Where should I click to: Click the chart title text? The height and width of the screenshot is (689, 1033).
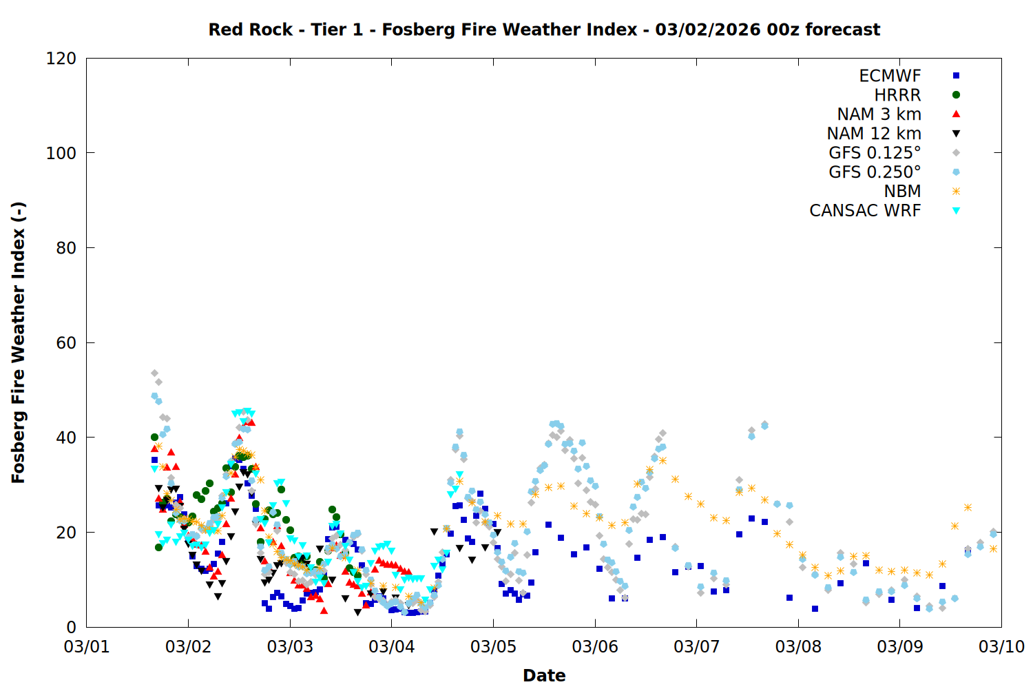[544, 30]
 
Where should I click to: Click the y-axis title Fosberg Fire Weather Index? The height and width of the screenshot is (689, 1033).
[19, 342]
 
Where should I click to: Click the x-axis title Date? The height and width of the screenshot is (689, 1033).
[544, 675]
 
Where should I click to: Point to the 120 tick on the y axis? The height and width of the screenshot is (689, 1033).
[61, 59]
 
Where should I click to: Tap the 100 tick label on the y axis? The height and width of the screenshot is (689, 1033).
[61, 153]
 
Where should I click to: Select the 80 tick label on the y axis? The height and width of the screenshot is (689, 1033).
[66, 248]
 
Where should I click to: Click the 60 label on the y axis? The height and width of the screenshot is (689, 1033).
[66, 342]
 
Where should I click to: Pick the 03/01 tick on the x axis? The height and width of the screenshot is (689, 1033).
[87, 647]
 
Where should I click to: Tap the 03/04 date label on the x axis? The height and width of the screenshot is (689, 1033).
[392, 647]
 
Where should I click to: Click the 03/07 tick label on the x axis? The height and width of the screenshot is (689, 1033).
[697, 647]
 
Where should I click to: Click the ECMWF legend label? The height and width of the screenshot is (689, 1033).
[890, 76]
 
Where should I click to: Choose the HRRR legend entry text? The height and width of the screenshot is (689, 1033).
[897, 95]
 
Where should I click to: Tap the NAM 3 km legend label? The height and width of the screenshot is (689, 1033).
[879, 114]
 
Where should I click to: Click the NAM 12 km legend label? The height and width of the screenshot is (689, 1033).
[874, 134]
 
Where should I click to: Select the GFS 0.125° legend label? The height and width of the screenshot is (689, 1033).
[875, 153]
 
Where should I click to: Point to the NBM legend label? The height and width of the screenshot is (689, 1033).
[902, 192]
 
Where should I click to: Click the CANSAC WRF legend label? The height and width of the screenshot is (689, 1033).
[865, 211]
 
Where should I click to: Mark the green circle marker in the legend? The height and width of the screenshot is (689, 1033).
[956, 95]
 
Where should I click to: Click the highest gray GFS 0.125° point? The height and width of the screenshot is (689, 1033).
[154, 373]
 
